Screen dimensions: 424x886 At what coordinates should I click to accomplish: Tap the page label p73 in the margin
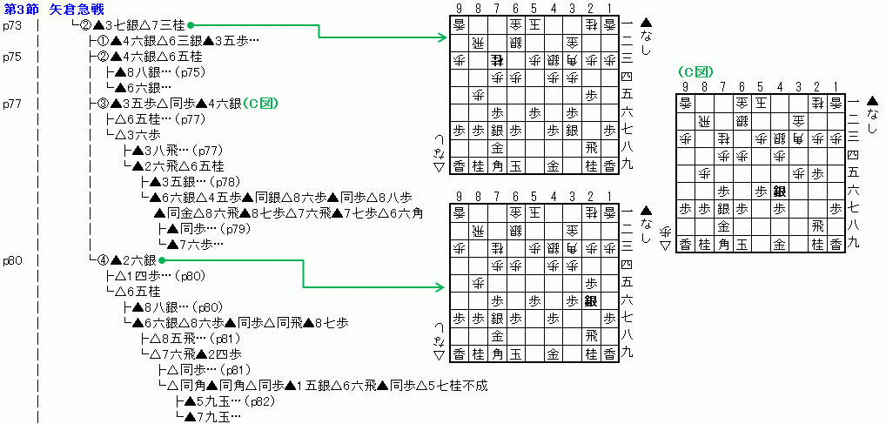[12, 25]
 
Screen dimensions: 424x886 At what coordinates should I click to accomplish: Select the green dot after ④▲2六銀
[163, 260]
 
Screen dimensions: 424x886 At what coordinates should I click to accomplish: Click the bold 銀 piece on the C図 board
[779, 192]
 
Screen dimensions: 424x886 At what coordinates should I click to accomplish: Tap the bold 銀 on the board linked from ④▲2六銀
[593, 300]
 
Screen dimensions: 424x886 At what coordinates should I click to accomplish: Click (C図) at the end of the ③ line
[260, 104]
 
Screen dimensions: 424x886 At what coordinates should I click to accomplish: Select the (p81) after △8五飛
[211, 339]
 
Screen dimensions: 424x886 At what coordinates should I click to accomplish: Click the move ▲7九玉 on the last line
[206, 417]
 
